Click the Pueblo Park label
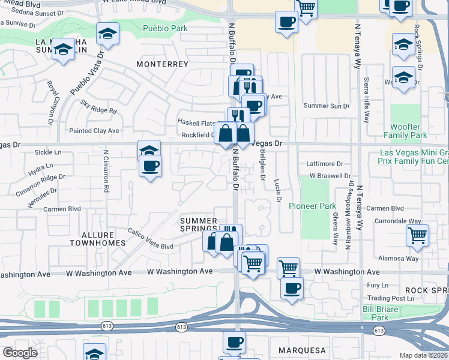(165, 28)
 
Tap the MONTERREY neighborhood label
(158, 64)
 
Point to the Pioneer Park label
(312, 206)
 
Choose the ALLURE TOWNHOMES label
(97, 239)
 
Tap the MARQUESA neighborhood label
(302, 350)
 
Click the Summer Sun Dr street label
(326, 106)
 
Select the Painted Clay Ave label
(94, 131)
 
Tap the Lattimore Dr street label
(324, 163)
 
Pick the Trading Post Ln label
(391, 298)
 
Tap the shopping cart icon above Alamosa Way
(417, 235)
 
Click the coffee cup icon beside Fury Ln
(292, 289)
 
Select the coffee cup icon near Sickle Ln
(150, 166)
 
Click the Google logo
(20, 353)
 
